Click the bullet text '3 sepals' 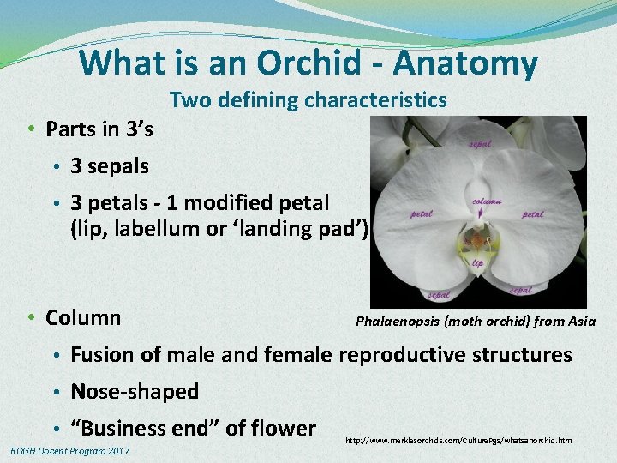(109, 166)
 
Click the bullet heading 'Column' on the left (82, 317)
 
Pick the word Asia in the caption (578, 321)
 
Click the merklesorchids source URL (458, 440)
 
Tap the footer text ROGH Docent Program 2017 (69, 450)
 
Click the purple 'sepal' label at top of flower (479, 144)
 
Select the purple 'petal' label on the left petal (422, 213)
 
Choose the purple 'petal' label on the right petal (532, 213)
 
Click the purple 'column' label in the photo (487, 202)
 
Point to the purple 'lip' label (477, 262)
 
